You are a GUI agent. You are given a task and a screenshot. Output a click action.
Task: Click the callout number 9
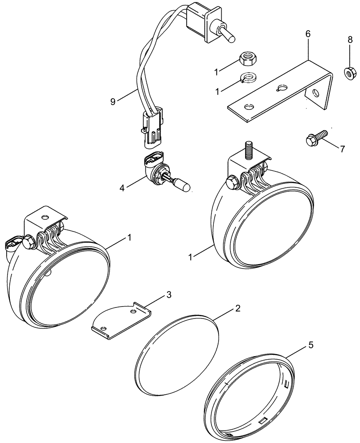113,101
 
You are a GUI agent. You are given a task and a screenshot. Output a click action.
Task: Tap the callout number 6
308,34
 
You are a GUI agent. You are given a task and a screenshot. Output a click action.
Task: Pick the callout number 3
168,295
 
